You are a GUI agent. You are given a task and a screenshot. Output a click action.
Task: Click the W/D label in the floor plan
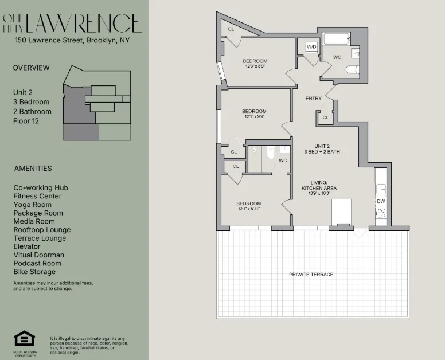click(312, 46)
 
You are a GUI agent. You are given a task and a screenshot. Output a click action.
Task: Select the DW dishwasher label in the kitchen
click(381, 201)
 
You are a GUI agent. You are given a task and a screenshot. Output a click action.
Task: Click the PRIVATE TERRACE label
click(311, 275)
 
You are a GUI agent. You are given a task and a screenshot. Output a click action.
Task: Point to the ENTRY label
click(314, 99)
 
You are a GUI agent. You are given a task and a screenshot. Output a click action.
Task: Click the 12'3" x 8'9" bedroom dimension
click(255, 66)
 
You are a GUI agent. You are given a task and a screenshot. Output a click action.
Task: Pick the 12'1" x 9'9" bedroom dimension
click(254, 116)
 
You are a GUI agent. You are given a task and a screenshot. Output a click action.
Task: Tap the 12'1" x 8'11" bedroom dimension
click(249, 209)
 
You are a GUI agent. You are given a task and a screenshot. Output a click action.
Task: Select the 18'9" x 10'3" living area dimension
click(319, 194)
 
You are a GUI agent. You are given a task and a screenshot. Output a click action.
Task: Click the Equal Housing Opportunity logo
click(25, 339)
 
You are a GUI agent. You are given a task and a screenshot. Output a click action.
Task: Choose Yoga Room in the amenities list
click(33, 205)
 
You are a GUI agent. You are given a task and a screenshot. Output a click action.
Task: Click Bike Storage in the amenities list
click(34, 272)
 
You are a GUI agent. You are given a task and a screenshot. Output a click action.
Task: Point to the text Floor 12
click(26, 121)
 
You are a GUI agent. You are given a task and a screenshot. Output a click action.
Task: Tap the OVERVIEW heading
click(31, 68)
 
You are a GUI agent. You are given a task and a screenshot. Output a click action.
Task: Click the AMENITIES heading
click(33, 169)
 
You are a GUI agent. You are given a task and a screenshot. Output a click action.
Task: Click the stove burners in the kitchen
click(381, 214)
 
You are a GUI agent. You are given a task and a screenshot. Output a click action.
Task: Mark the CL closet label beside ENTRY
click(325, 118)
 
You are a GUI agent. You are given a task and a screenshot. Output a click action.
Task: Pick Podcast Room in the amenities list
click(38, 263)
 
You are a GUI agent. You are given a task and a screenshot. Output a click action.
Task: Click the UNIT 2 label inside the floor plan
click(314, 146)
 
